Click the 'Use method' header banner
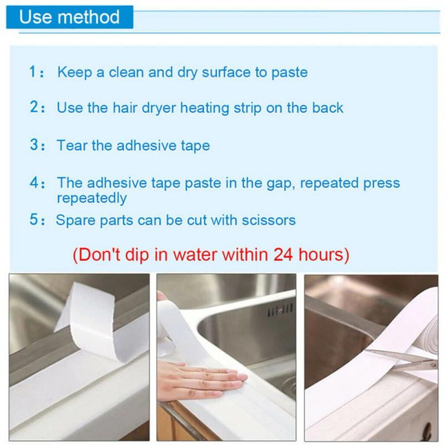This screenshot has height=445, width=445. coord(69,17)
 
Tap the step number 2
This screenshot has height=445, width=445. coord(34,107)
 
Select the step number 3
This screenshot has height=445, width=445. coord(34,146)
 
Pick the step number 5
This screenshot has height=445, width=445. coord(34,220)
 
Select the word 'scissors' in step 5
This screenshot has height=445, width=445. coord(269,220)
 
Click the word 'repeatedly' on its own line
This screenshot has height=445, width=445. coord(92,198)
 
